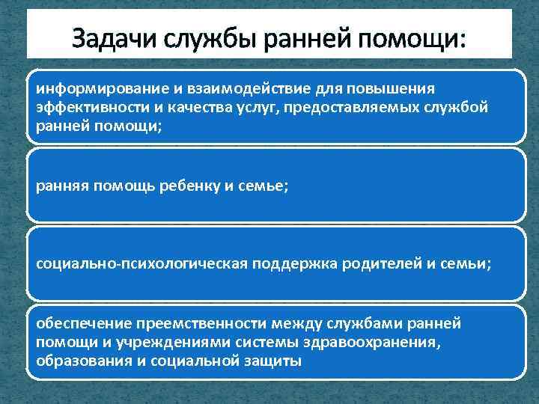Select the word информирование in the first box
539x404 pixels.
tap(88, 89)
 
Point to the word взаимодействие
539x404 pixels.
tap(216, 89)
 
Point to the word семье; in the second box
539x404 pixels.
tap(261, 186)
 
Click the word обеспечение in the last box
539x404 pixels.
tap(82, 323)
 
